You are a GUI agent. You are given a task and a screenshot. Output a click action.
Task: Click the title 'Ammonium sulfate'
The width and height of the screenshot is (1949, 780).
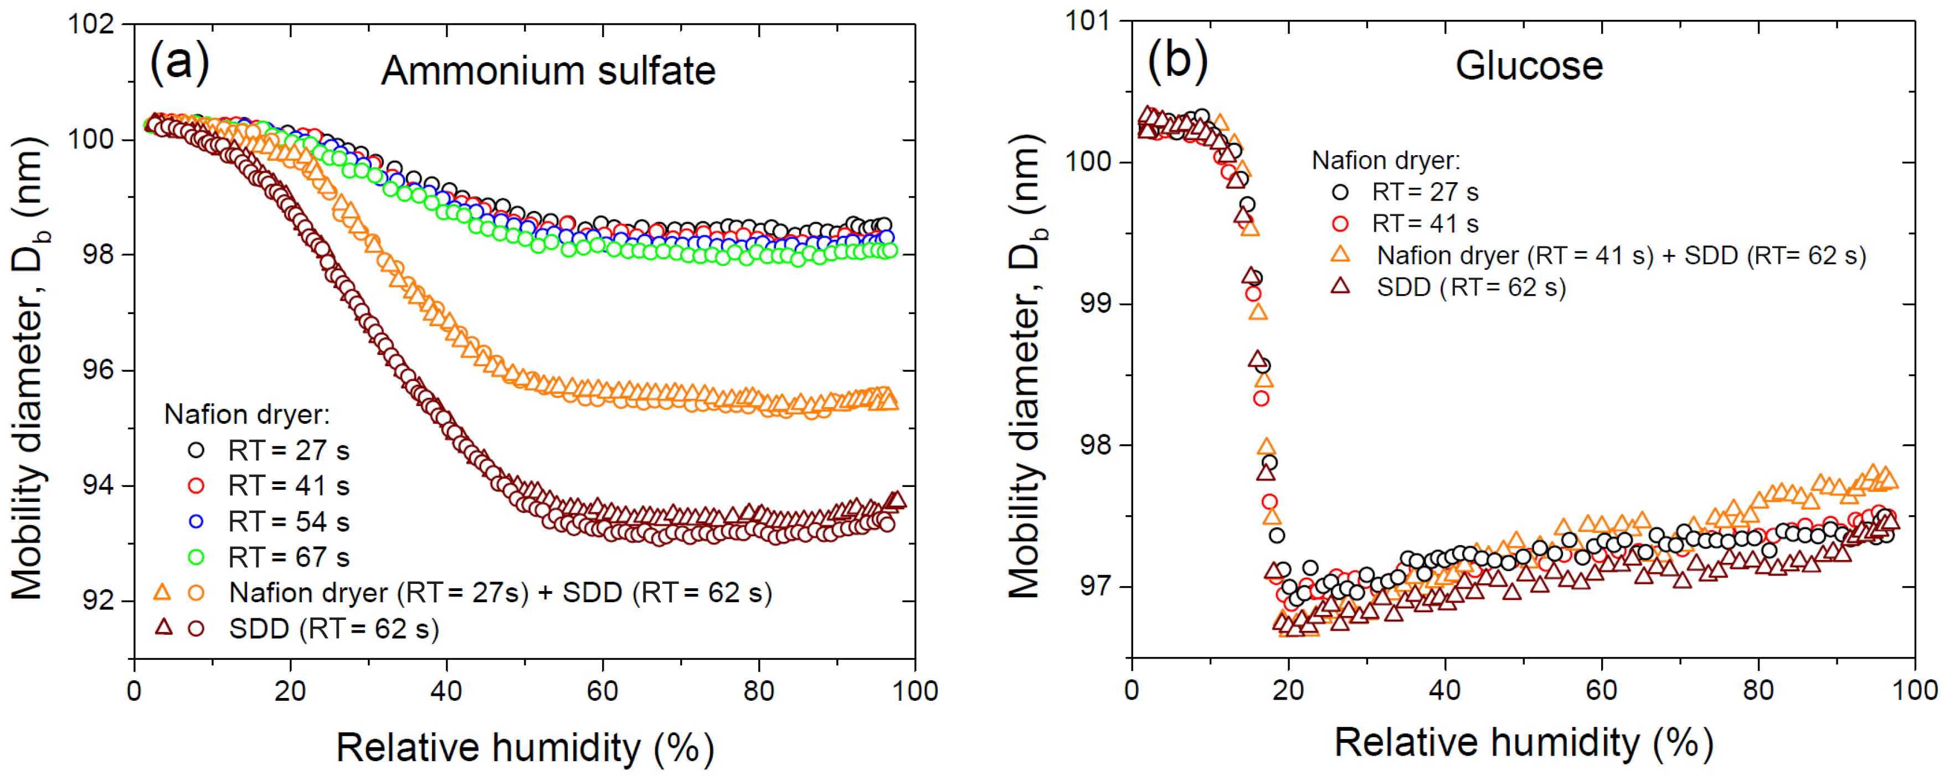pyautogui.click(x=548, y=71)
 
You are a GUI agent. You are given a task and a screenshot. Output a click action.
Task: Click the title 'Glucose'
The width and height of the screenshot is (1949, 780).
pyautogui.click(x=1528, y=66)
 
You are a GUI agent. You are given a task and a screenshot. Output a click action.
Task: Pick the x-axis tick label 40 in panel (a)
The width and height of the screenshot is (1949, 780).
pyautogui.click(x=446, y=691)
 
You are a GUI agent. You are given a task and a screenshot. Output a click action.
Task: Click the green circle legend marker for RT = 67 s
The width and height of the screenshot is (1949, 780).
pyautogui.click(x=196, y=557)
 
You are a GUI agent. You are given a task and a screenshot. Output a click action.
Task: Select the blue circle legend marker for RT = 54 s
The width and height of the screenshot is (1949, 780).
pyautogui.click(x=196, y=521)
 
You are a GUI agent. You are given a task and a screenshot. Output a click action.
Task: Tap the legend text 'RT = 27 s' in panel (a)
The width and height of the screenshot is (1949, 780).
pyautogui.click(x=288, y=451)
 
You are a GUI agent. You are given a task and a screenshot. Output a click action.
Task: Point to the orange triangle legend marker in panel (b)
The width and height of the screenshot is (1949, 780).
pyautogui.click(x=1340, y=255)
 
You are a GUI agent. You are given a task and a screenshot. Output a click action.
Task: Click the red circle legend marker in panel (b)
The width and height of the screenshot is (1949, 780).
pyautogui.click(x=1340, y=224)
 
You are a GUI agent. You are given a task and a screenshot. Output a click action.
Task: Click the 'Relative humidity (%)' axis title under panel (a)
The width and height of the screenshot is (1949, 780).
pyautogui.click(x=524, y=747)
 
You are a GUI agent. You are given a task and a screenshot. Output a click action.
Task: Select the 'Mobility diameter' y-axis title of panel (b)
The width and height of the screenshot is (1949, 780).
pyautogui.click(x=1026, y=367)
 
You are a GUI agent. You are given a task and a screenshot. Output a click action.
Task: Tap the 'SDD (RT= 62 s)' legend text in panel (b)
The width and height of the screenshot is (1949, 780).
pyautogui.click(x=1471, y=288)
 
